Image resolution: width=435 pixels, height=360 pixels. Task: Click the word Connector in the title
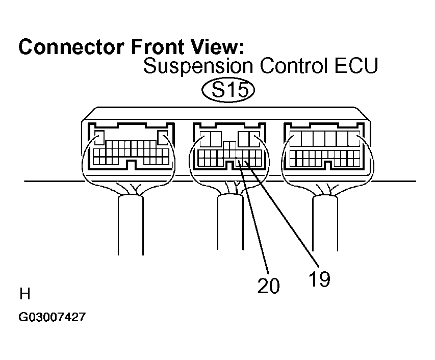click(x=71, y=47)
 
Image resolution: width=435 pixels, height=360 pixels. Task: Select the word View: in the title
click(x=218, y=47)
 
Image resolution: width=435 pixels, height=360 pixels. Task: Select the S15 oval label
click(x=228, y=90)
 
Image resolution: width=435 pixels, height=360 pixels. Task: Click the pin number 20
click(x=268, y=286)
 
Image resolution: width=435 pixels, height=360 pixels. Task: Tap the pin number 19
click(x=319, y=279)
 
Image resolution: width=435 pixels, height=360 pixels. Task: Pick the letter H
click(x=24, y=294)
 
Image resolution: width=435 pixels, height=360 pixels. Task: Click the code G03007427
click(x=52, y=317)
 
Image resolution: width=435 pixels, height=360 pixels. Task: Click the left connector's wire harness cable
click(x=131, y=225)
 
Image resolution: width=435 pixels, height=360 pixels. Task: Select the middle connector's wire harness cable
click(x=231, y=222)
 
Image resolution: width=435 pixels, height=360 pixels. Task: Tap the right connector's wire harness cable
click(x=325, y=223)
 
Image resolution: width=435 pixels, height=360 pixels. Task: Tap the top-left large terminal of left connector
click(x=99, y=138)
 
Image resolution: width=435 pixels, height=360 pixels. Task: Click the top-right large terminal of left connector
click(x=163, y=138)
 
